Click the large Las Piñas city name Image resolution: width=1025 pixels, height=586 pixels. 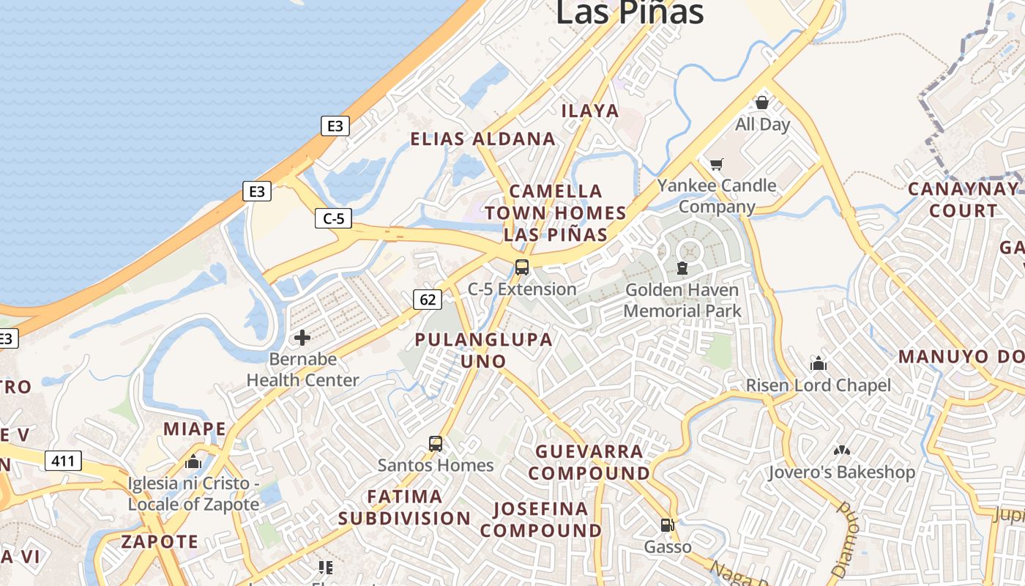coord(630,12)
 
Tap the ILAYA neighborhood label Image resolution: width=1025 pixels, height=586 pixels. coord(590,111)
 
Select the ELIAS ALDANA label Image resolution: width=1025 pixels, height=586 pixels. coord(482,139)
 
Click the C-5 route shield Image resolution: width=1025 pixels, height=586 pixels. coord(333,218)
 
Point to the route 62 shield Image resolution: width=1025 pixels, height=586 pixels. coord(428,299)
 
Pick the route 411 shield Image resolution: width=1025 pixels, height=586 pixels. coord(63,461)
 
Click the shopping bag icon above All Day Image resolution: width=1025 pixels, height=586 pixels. coord(762,103)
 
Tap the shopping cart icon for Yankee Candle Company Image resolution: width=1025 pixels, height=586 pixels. coord(716,164)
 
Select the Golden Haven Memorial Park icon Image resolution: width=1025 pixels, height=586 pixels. coord(682,268)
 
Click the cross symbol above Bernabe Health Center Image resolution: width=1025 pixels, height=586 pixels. coord(302,338)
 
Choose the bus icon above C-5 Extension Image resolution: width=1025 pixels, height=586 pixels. coord(522,267)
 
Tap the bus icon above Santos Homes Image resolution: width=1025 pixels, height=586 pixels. coord(436,444)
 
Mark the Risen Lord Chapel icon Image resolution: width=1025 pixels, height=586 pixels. coord(818,363)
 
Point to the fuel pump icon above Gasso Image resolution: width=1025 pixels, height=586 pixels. coord(667,525)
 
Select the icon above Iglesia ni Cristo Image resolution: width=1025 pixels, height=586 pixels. coord(193,461)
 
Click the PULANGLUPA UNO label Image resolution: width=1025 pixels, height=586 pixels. coord(483,350)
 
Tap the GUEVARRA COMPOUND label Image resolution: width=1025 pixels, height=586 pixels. coord(589,462)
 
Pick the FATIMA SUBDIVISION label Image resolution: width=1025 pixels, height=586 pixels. coord(404,507)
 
